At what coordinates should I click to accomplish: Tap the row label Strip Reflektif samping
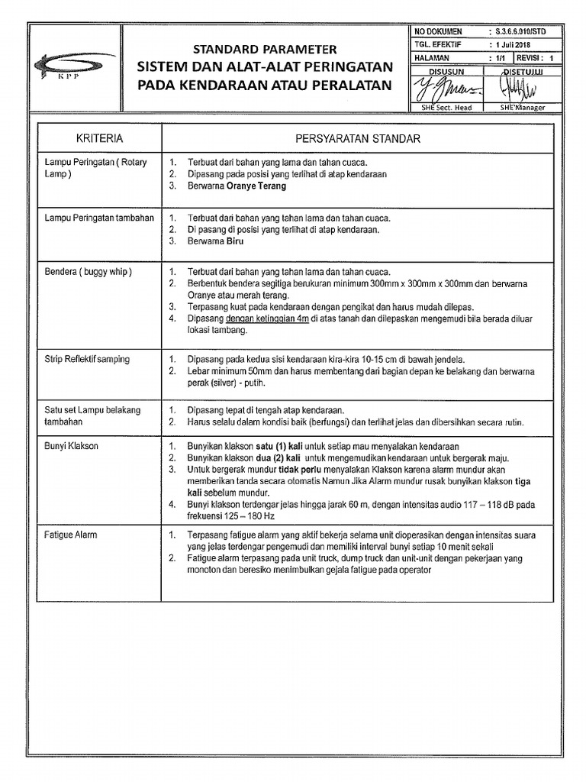87,359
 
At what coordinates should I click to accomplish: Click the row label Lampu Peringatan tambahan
100,218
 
